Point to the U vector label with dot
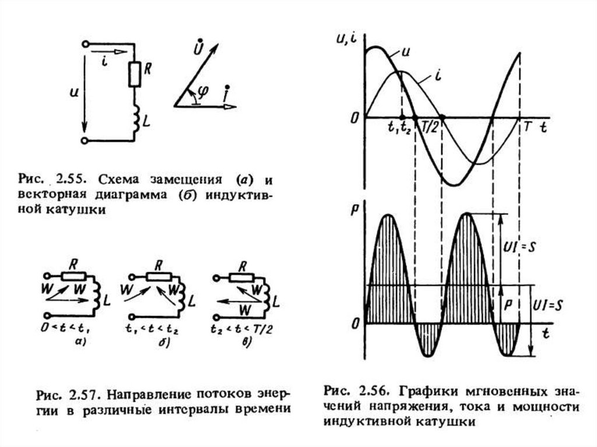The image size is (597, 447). coord(200,47)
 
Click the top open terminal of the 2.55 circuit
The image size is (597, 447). coord(86,44)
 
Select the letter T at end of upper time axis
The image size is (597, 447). coord(527,127)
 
